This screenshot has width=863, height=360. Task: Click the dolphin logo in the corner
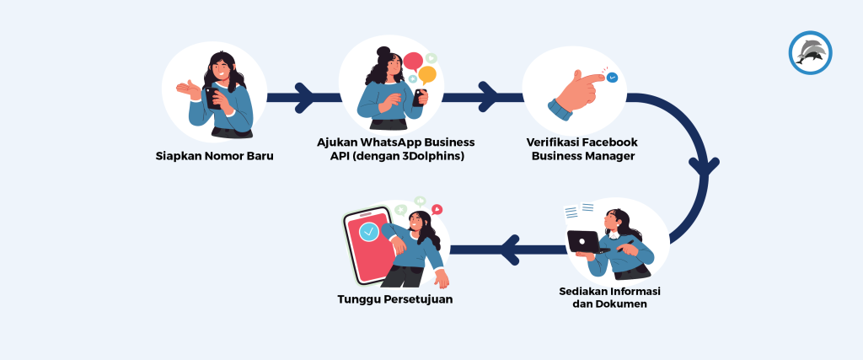tap(810, 52)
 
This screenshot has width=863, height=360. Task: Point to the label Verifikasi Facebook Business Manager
tap(582, 148)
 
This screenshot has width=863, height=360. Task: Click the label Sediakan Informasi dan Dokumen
tap(609, 297)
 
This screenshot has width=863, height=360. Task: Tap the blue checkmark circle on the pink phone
tap(367, 231)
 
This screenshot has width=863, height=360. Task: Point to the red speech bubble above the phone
tap(413, 62)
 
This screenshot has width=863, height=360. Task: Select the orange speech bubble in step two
tap(427, 74)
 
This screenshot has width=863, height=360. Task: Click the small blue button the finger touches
tap(612, 78)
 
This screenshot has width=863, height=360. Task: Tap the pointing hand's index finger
tap(591, 79)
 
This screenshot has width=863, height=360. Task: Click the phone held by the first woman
tap(212, 97)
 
